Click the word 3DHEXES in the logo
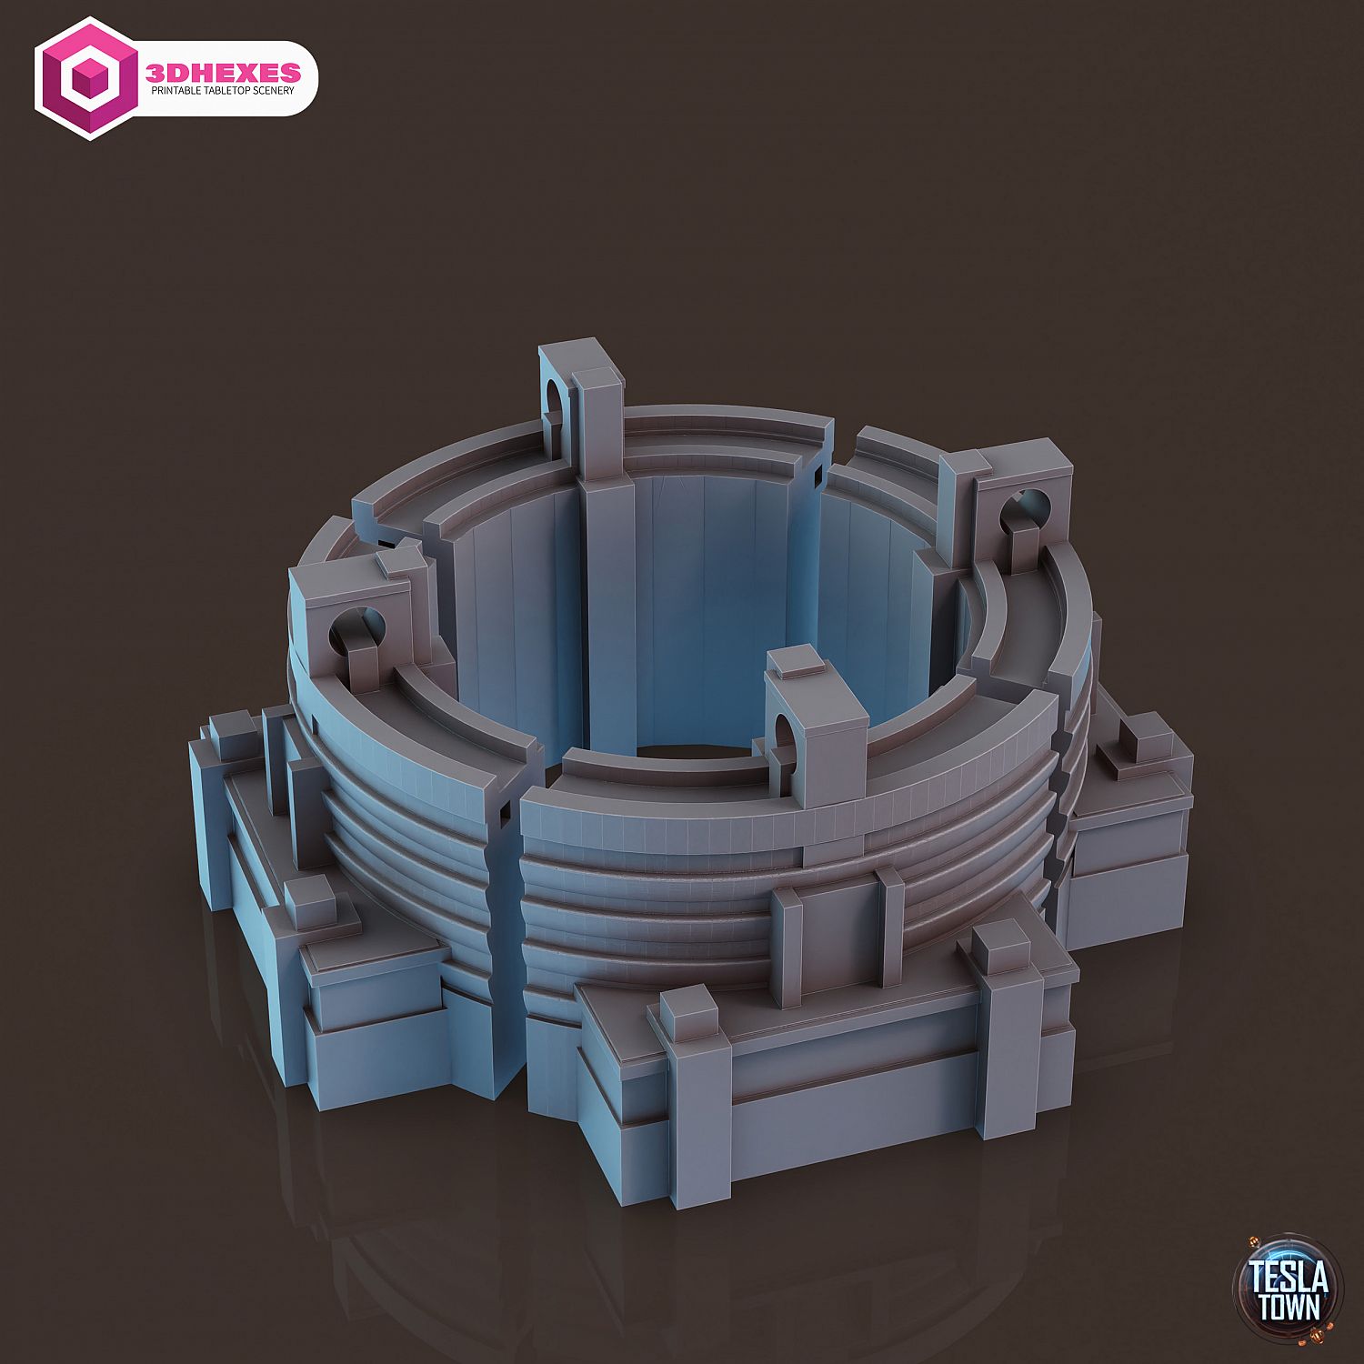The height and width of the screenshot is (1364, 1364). (223, 71)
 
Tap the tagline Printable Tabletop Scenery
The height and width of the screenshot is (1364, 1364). (223, 91)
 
